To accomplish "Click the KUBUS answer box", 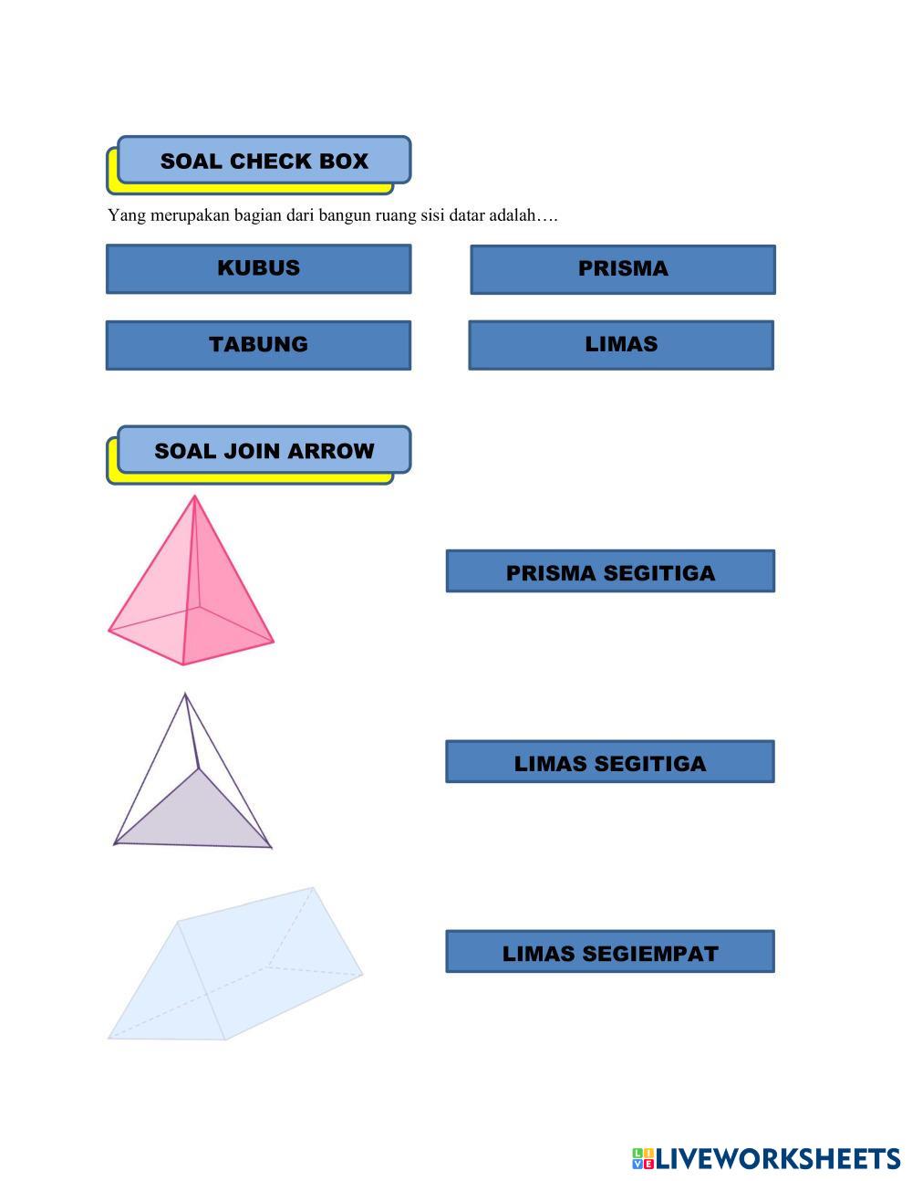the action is click(258, 268).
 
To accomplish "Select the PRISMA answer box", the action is click(623, 269).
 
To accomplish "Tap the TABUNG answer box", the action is click(258, 345).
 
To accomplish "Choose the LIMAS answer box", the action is click(621, 345).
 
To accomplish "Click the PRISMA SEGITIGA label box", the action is click(610, 571).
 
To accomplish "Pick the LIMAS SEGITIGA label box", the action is click(610, 762).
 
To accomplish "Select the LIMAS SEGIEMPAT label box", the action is click(610, 952).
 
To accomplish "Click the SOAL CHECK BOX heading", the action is click(264, 161).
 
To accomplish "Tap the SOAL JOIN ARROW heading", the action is click(264, 450).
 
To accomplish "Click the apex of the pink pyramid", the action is click(194, 497).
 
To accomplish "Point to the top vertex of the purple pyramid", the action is click(185, 695).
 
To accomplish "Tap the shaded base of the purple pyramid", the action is click(196, 817).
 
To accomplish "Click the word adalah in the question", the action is click(513, 216).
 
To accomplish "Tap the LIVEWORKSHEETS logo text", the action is click(778, 1159).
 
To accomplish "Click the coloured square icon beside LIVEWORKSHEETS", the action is click(643, 1159).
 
